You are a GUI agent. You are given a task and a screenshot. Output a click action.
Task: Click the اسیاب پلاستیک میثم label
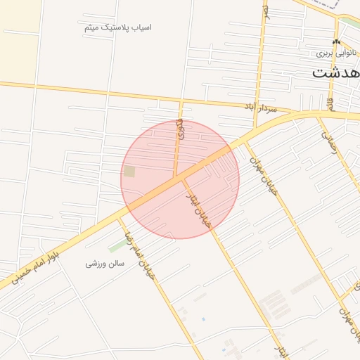coord(117,27)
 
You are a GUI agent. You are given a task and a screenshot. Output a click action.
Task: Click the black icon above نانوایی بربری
coord(335,42)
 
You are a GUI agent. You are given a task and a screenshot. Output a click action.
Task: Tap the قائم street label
coord(328,104)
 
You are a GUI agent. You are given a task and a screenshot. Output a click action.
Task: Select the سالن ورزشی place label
coord(105,264)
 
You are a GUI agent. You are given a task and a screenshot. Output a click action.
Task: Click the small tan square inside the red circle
coord(129,171)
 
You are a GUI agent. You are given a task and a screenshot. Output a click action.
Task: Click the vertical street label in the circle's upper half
coord(179,131)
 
